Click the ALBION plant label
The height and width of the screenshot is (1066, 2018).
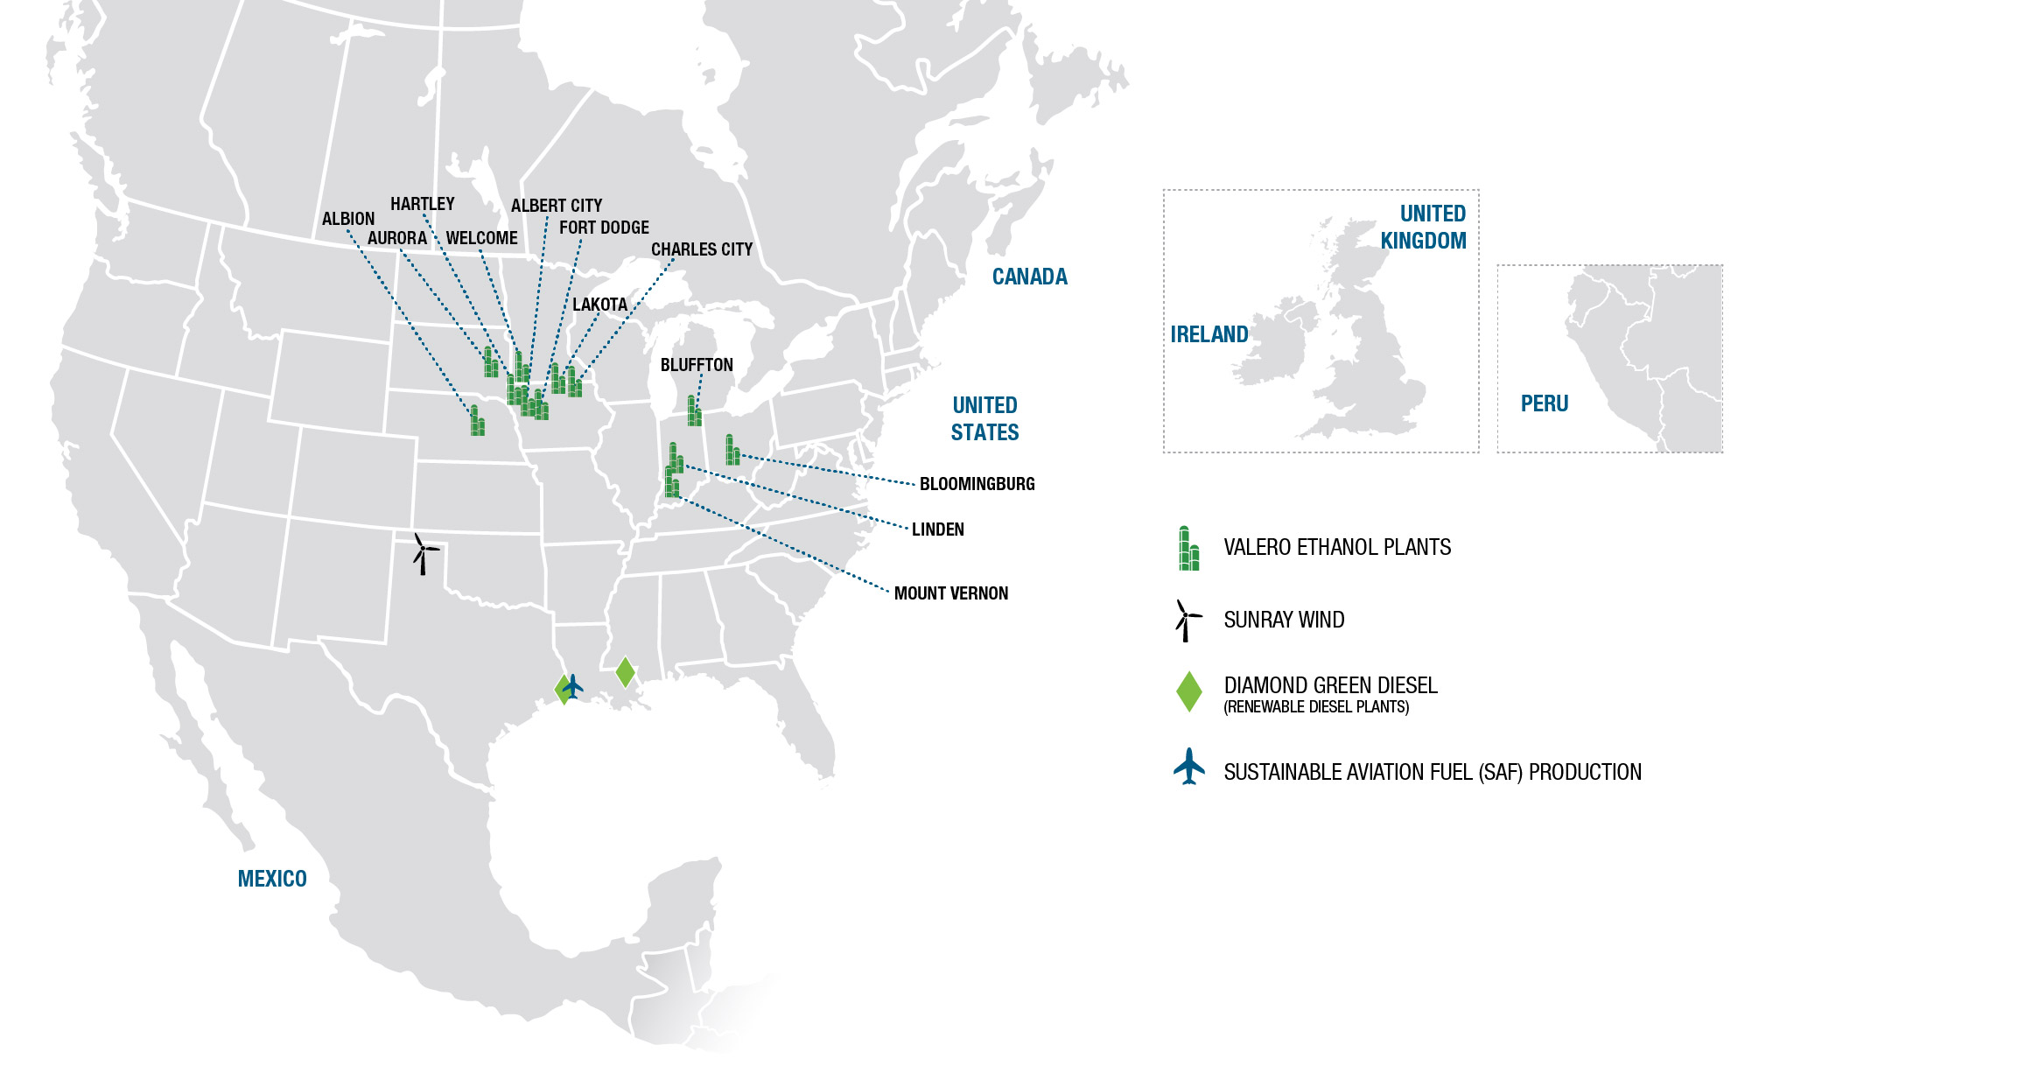347,219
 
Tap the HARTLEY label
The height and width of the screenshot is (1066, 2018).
422,204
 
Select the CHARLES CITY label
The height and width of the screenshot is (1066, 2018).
701,249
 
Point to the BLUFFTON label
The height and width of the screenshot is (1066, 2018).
697,365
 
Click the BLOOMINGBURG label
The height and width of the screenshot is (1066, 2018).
977,484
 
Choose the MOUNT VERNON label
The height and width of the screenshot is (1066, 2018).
950,593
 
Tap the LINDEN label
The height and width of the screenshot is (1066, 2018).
937,529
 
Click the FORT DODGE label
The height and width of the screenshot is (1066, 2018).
604,228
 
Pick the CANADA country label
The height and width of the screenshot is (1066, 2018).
1029,277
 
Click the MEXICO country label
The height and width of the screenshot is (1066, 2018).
272,879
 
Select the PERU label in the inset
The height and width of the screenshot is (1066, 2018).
1544,403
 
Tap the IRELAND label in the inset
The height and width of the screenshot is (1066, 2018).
1209,334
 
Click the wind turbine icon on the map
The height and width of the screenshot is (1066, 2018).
424,553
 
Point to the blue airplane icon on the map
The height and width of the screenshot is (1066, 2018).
573,685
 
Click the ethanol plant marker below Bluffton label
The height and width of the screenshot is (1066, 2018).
694,411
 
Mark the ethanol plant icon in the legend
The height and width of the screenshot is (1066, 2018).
1188,549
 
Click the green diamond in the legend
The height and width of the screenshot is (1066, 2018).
1188,691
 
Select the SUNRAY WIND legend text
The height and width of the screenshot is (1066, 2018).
1283,620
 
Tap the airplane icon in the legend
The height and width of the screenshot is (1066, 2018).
1188,767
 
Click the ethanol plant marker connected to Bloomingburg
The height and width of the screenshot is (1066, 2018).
732,450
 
